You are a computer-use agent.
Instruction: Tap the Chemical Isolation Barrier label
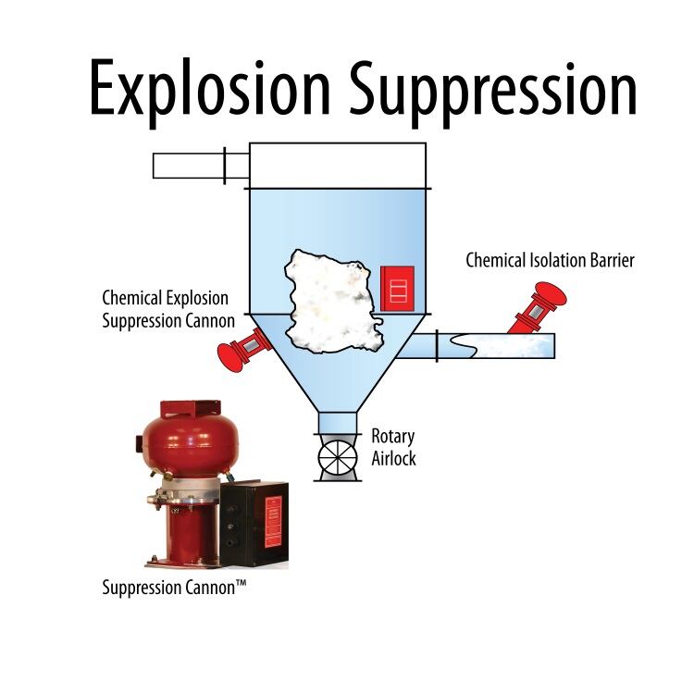coord(550,261)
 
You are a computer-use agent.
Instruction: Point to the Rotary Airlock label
coord(393,446)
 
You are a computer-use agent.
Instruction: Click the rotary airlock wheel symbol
coord(337,457)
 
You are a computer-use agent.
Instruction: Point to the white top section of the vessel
coord(337,166)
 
